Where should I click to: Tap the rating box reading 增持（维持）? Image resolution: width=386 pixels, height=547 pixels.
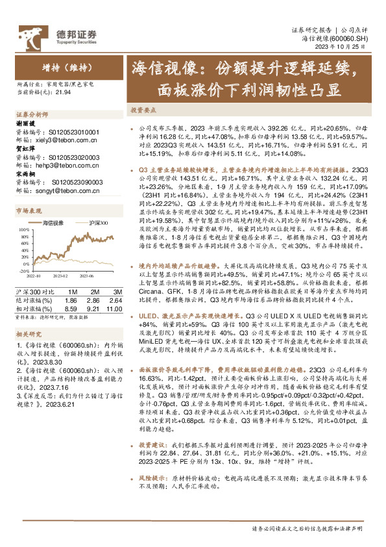65,67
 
